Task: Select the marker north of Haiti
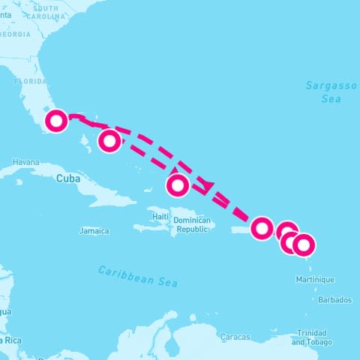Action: click(x=178, y=184)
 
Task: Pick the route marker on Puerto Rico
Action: click(x=262, y=227)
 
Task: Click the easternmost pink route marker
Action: click(x=304, y=244)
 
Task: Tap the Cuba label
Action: click(x=67, y=178)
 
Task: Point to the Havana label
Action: click(x=25, y=162)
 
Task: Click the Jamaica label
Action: click(x=94, y=231)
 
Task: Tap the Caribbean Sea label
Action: click(x=138, y=276)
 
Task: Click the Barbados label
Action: click(x=334, y=300)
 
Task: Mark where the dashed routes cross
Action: click(x=207, y=184)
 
